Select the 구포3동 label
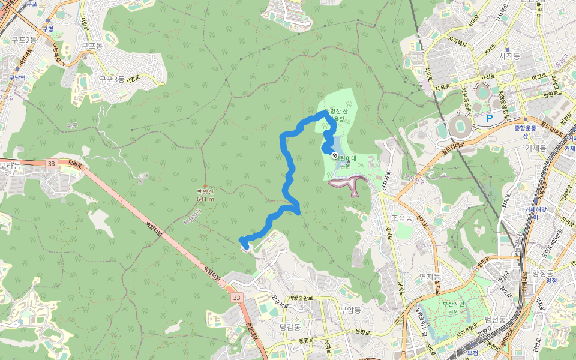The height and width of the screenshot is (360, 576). click(112, 79)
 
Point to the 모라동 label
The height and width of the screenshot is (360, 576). click(10, 165)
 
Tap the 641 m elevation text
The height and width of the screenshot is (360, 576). click(205, 199)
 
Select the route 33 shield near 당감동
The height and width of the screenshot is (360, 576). click(236, 298)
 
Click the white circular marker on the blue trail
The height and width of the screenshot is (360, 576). click(334, 155)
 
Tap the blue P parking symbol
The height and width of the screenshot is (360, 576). click(489, 118)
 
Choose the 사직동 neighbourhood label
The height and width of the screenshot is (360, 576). click(509, 56)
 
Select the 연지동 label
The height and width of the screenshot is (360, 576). click(430, 276)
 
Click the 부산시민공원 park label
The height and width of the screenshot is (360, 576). click(454, 308)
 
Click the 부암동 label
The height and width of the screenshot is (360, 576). click(350, 310)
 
